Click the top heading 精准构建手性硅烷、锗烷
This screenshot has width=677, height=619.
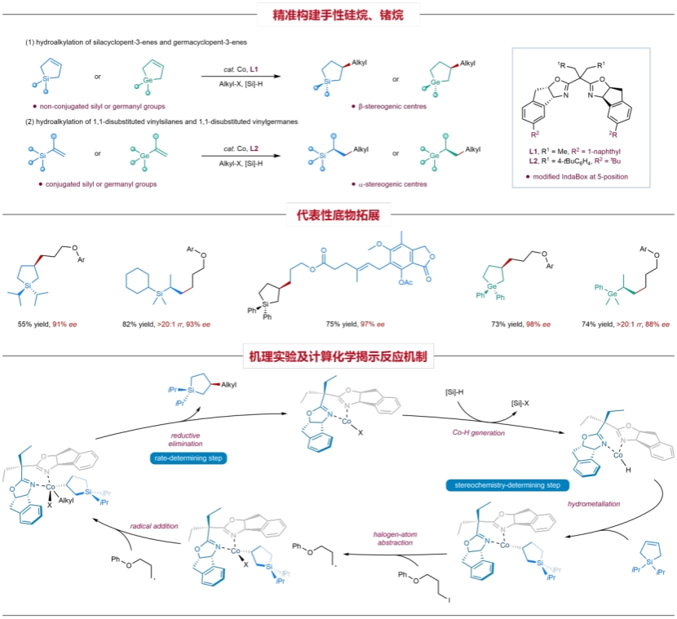click(x=338, y=14)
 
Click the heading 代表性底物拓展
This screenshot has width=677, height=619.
click(x=338, y=215)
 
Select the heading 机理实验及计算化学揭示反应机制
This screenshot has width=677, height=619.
click(x=338, y=356)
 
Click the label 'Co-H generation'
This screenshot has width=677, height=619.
click(x=480, y=433)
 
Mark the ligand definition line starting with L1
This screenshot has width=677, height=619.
click(x=581, y=153)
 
